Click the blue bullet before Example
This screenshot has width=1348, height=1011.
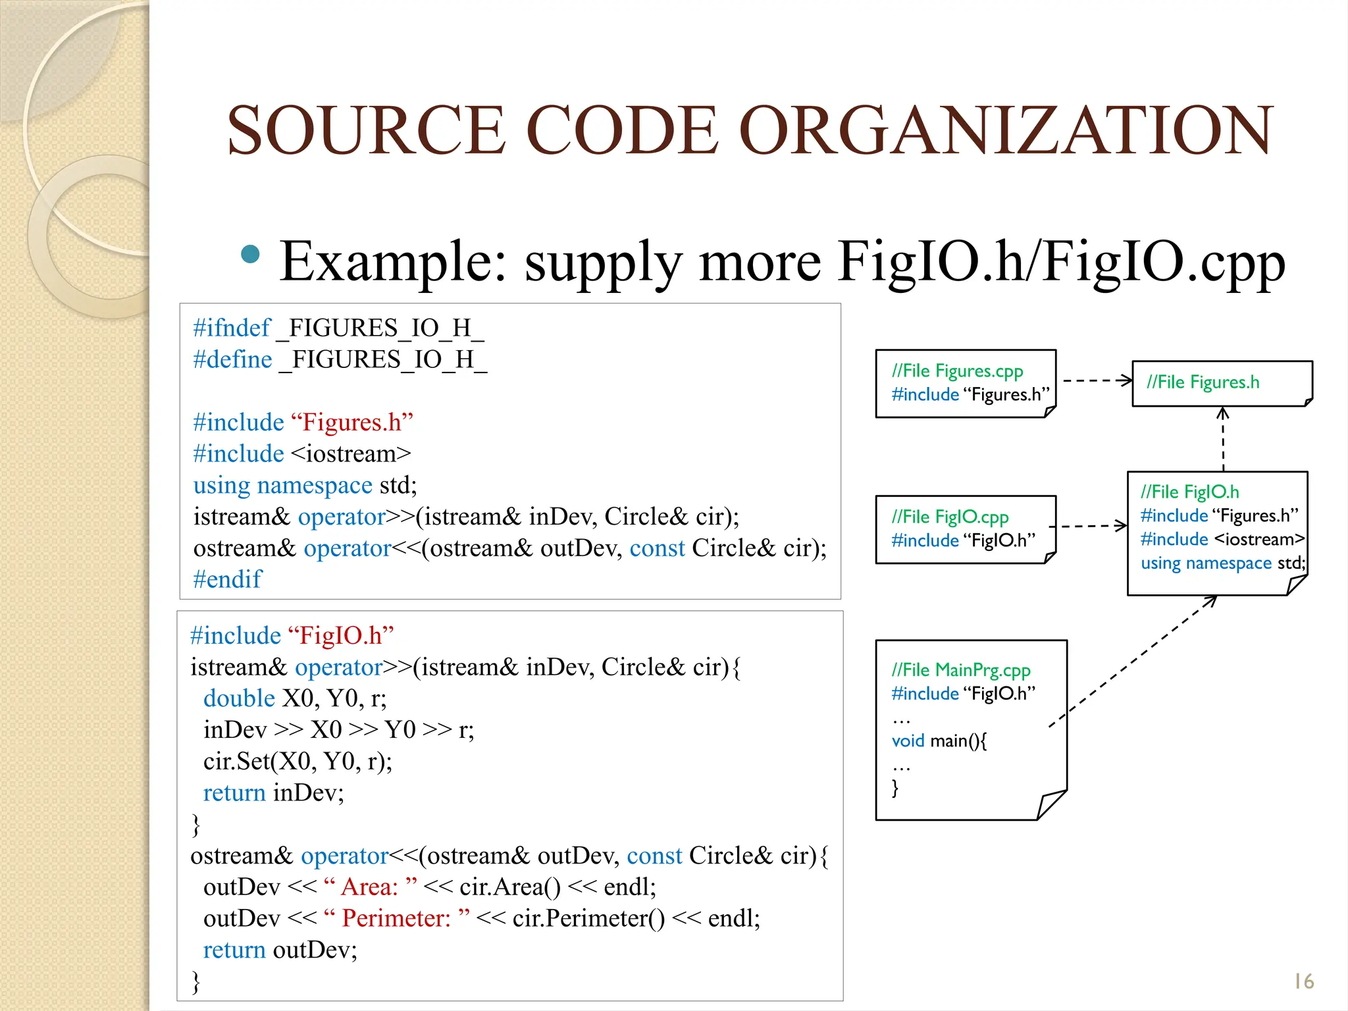[x=250, y=254]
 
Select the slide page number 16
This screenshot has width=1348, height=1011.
[x=1303, y=981]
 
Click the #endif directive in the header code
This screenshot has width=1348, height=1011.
[x=227, y=579]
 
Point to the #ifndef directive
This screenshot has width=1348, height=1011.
[x=232, y=328]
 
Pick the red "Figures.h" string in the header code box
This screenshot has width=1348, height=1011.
[x=351, y=422]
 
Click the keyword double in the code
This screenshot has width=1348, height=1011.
[x=239, y=698]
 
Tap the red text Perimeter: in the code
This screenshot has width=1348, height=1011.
[x=396, y=918]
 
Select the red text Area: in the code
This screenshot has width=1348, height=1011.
[x=370, y=887]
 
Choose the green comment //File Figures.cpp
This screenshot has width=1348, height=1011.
[x=957, y=371]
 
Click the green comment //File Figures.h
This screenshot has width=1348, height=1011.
[x=1203, y=382]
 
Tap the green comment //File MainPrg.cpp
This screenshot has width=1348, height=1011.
[x=960, y=670]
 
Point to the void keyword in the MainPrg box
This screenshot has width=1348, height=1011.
[x=908, y=741]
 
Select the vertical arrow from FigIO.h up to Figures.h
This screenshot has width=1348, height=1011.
[x=1222, y=438]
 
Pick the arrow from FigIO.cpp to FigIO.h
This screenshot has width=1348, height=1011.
[x=1090, y=526]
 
